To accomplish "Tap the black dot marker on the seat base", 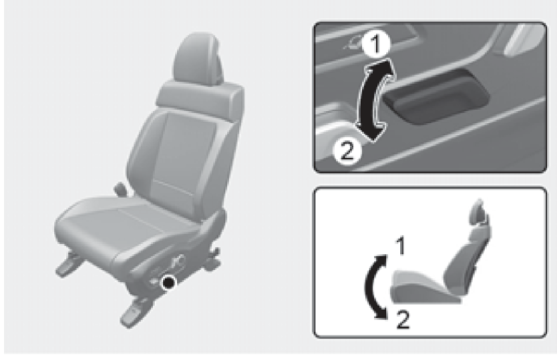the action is pos(168,283).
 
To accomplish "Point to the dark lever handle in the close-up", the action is pos(435,96).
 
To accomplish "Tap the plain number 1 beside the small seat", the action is pos(401,246).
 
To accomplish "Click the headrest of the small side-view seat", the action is pos(479,211).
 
